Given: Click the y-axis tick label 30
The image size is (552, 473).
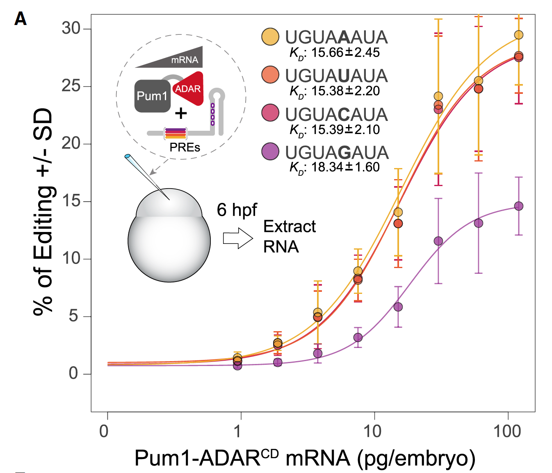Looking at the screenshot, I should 71,28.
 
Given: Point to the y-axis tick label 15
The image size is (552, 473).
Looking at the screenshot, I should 71,201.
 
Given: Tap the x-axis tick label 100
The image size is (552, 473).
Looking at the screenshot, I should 507,431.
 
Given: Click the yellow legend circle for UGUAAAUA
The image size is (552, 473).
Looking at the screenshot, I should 270,36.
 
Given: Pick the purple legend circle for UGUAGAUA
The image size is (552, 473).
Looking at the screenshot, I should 270,152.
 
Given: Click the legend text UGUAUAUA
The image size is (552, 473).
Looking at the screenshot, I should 336,76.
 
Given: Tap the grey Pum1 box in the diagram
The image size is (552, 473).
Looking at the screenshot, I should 152,96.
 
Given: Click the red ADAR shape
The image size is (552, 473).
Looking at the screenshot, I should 189,89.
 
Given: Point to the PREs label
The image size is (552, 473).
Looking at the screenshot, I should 185,147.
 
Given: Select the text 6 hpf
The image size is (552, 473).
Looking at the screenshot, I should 237,210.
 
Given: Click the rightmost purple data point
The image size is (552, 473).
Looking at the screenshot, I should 519,206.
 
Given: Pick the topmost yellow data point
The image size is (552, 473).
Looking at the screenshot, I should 519,35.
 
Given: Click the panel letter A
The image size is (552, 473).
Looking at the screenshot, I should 21,19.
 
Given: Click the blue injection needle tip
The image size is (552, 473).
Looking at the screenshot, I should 128,156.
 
